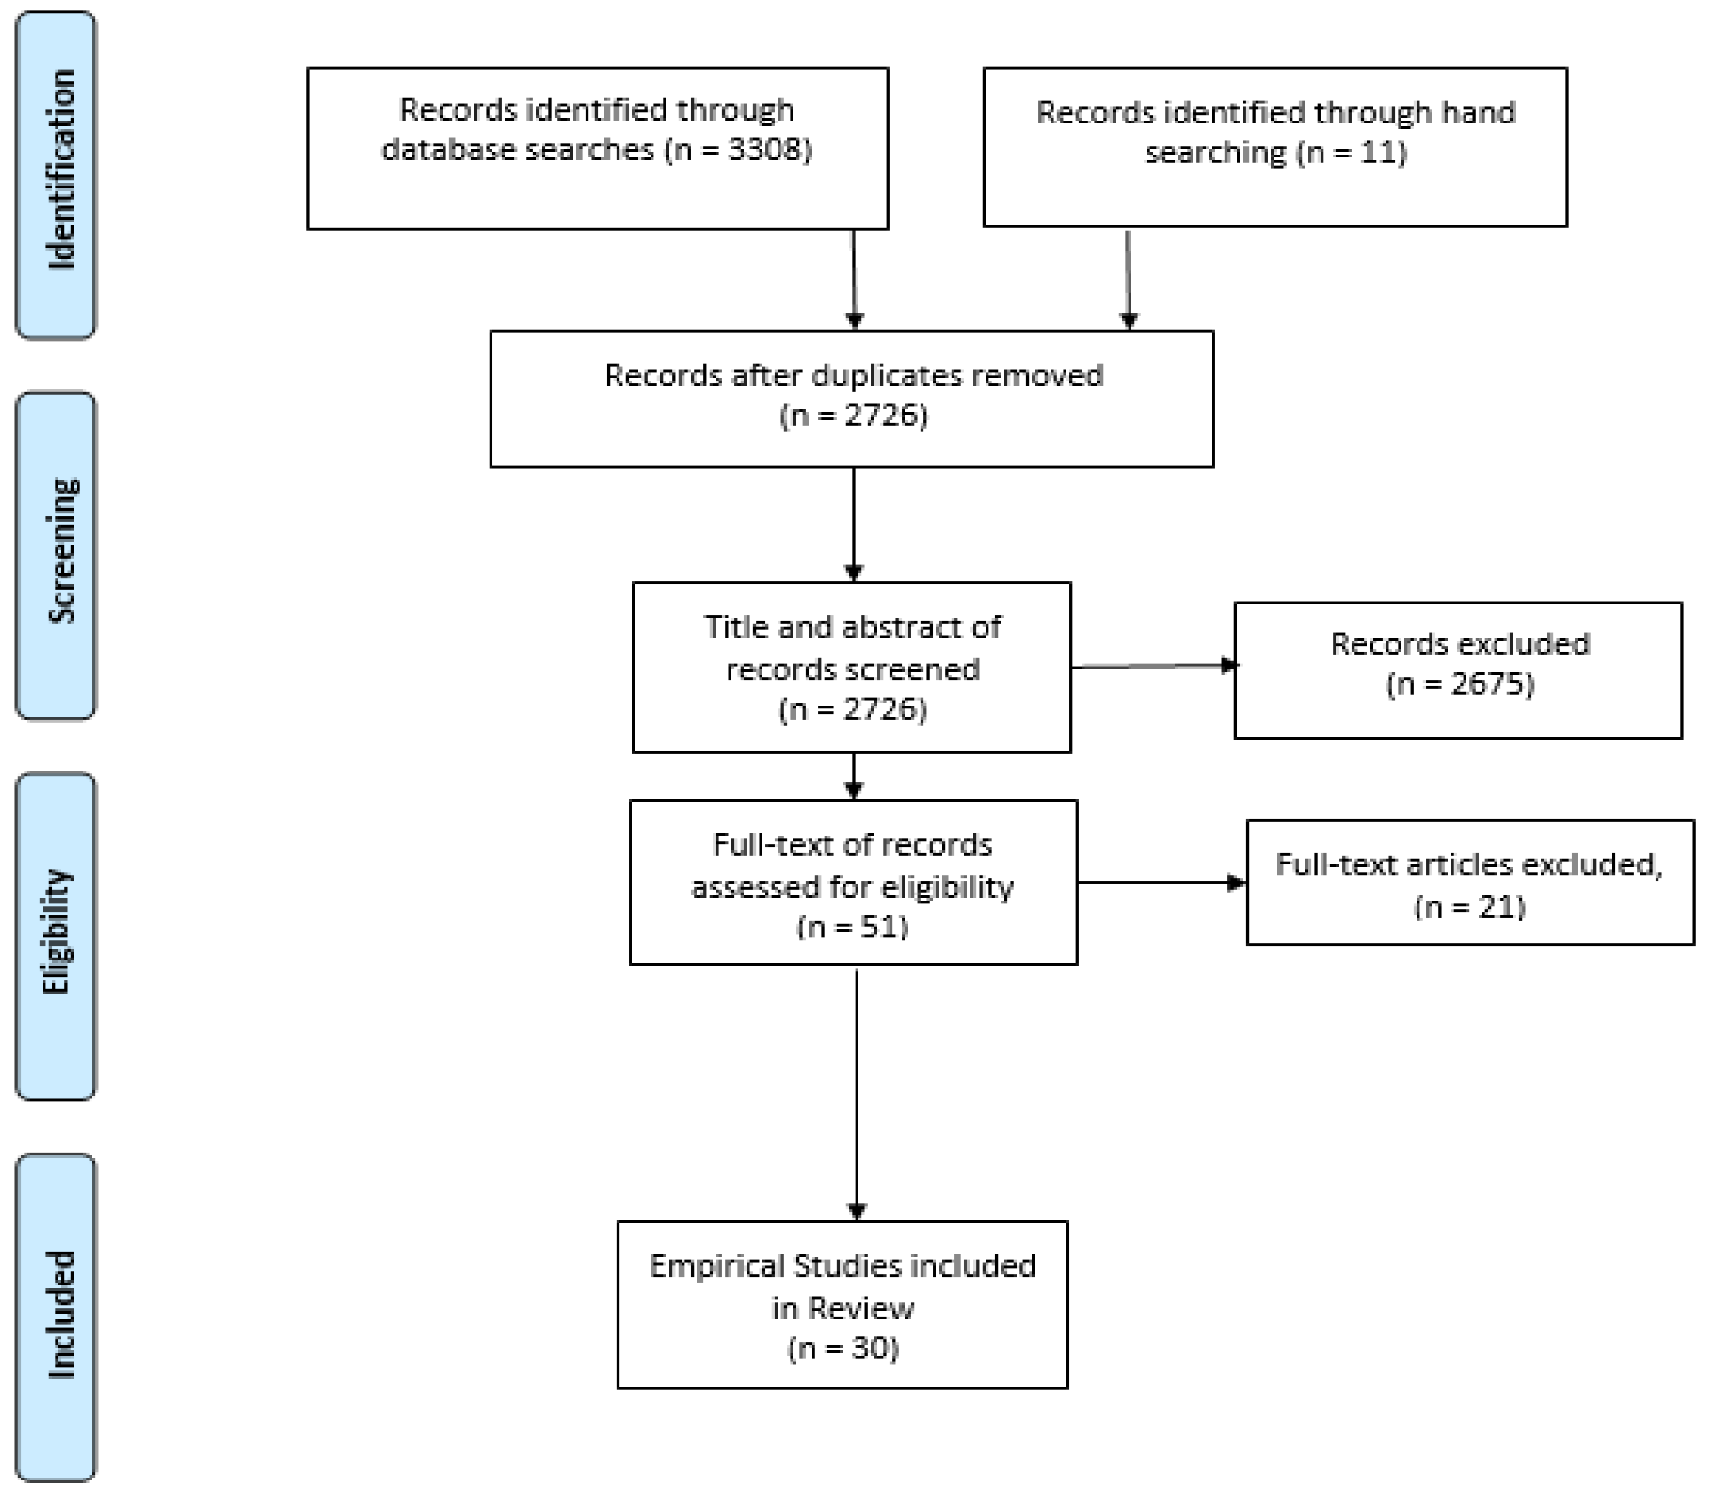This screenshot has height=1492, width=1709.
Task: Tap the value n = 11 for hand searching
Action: tap(1351, 153)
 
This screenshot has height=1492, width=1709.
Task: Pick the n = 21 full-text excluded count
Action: tap(1469, 906)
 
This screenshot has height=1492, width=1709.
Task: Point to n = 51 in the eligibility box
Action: tap(853, 927)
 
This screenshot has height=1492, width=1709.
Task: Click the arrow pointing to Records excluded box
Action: tap(1153, 666)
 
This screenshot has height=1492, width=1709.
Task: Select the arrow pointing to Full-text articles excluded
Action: tap(1161, 882)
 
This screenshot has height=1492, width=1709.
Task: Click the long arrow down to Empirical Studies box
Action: tap(856, 1090)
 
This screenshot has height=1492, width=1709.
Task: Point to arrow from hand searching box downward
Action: tap(1128, 279)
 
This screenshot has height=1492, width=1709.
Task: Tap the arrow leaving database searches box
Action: tap(854, 279)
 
